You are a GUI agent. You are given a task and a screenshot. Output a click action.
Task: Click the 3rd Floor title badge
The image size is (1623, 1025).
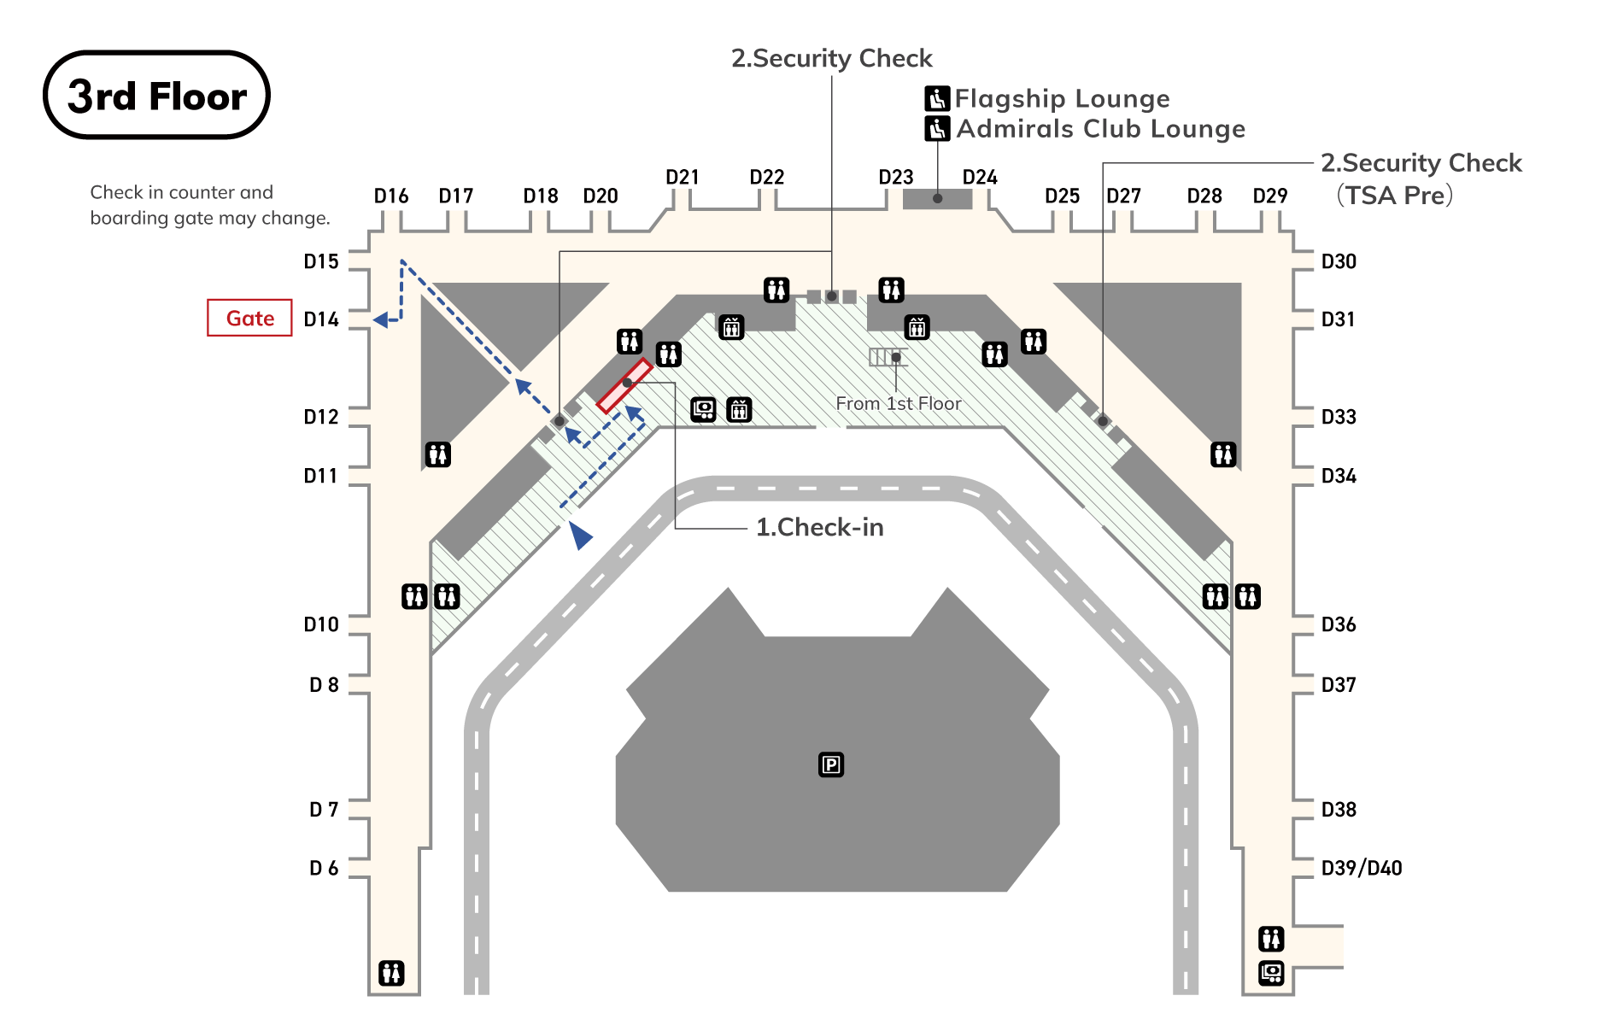tap(156, 95)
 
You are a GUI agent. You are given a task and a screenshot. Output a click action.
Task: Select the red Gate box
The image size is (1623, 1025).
tap(249, 318)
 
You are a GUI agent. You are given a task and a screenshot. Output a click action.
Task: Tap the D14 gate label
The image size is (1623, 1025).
tap(321, 319)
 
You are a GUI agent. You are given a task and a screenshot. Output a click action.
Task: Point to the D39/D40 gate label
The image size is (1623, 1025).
tap(1362, 868)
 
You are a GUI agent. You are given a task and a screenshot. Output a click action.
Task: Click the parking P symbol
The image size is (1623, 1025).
tap(831, 764)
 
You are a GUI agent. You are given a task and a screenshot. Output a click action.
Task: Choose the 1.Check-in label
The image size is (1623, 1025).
tap(819, 527)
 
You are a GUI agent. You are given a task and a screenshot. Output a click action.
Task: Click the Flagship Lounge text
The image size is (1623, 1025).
tap(1062, 99)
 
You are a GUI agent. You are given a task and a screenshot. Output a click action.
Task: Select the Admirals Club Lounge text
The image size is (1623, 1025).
tap(1100, 129)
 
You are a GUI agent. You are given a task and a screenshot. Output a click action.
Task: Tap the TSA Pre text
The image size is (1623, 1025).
tap(1394, 196)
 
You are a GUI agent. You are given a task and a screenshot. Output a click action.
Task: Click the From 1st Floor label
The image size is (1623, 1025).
tap(898, 403)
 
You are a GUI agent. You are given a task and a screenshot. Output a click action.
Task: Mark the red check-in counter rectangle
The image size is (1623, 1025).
tap(624, 386)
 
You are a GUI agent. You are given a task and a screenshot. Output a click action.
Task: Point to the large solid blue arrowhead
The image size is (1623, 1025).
tap(580, 536)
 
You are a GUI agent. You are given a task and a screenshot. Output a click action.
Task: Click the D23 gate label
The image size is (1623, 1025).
tap(896, 177)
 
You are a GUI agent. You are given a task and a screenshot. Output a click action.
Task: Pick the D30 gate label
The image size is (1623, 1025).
tap(1339, 261)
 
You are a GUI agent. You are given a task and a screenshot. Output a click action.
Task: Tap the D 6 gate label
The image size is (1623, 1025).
tap(324, 868)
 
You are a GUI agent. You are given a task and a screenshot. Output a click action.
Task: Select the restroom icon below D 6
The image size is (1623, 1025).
tap(391, 972)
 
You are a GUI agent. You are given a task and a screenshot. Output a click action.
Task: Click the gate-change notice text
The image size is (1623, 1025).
tap(209, 205)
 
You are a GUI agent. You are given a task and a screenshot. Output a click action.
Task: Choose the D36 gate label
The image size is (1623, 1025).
tap(1339, 624)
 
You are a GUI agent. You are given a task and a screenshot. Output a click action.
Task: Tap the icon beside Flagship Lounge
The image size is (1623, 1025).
tap(937, 99)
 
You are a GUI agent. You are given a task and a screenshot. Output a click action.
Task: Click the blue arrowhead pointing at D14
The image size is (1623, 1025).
tap(382, 319)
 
